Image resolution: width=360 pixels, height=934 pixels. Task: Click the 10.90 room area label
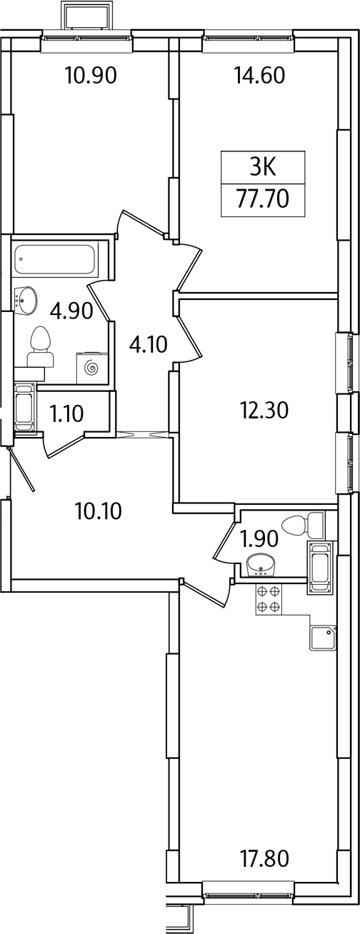[91, 76]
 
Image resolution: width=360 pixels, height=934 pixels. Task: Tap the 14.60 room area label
[260, 76]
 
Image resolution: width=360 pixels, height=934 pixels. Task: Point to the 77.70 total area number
[263, 199]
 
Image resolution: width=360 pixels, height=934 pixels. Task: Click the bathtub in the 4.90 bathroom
[54, 260]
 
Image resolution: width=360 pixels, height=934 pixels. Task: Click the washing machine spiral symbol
[91, 368]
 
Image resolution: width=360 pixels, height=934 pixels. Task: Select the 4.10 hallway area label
[148, 345]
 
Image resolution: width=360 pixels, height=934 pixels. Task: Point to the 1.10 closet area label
[66, 413]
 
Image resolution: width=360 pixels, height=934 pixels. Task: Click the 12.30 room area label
[264, 411]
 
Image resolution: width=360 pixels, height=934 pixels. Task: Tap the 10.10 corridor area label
[99, 511]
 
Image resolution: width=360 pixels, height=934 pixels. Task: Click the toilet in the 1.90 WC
[303, 525]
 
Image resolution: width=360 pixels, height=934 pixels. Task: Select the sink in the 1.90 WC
[260, 566]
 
